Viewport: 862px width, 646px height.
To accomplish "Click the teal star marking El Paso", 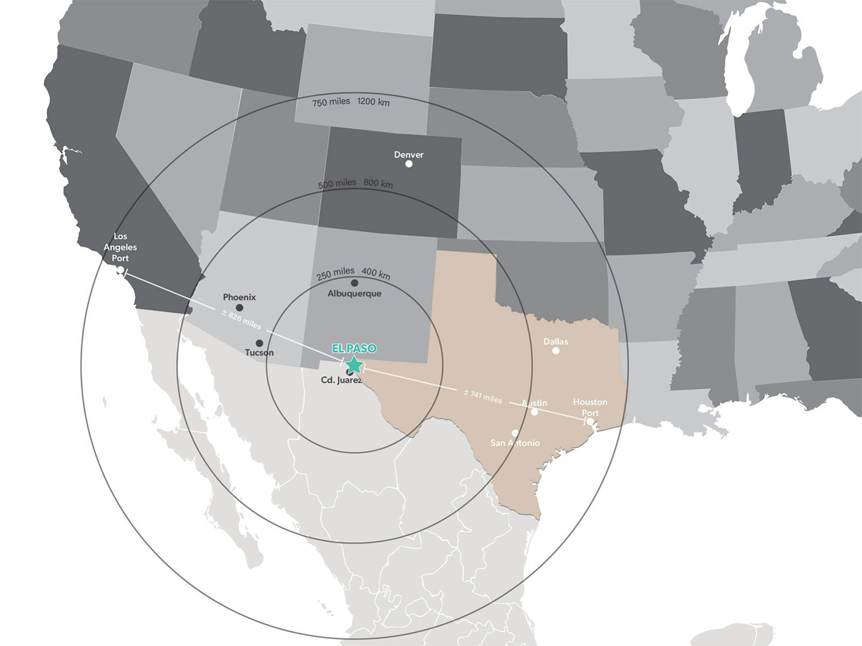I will click(x=354, y=365).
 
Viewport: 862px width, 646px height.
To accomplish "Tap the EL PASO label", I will click(x=354, y=348).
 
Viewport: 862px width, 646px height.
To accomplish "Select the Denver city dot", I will click(x=409, y=164).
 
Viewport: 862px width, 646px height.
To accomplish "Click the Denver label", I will click(x=408, y=155).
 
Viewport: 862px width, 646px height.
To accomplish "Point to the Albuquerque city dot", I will click(x=354, y=283).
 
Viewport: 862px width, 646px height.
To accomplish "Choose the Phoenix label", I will click(x=239, y=297).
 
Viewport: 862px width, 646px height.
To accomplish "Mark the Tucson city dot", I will click(x=259, y=343).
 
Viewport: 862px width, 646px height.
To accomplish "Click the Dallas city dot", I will click(x=556, y=350).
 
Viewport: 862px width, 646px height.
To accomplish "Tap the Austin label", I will click(x=534, y=403).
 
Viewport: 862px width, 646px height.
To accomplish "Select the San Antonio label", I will click(x=515, y=443).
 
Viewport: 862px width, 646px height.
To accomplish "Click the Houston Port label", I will click(x=590, y=408).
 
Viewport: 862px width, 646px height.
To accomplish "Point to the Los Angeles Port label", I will click(x=120, y=247).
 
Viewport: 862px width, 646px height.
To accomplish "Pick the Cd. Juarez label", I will click(x=341, y=380).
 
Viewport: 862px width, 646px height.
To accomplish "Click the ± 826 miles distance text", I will click(x=241, y=319).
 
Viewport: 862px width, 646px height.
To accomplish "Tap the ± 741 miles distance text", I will click(x=483, y=396).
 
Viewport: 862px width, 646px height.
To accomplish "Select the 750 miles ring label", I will click(x=331, y=102).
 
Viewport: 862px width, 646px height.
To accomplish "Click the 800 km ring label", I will click(x=378, y=184).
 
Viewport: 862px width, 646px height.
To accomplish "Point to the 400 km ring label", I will click(x=376, y=273).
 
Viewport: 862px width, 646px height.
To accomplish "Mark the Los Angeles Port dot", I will click(x=120, y=270).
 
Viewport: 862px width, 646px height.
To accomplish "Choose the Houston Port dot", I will click(x=590, y=421).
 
